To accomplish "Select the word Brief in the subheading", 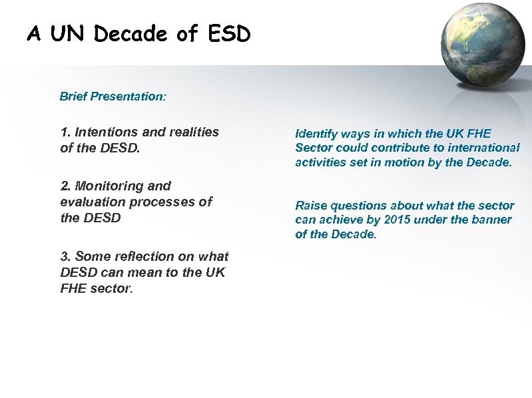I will pyautogui.click(x=74, y=97).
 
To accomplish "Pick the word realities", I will pyautogui.click(x=193, y=132).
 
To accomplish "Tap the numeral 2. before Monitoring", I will pyautogui.click(x=66, y=186).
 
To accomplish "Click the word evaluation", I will pyautogui.click(x=90, y=202).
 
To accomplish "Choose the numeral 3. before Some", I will pyautogui.click(x=66, y=257).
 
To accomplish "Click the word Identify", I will pyautogui.click(x=316, y=134).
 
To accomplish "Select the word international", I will pyautogui.click(x=487, y=148).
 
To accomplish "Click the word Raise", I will pyautogui.click(x=311, y=206).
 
